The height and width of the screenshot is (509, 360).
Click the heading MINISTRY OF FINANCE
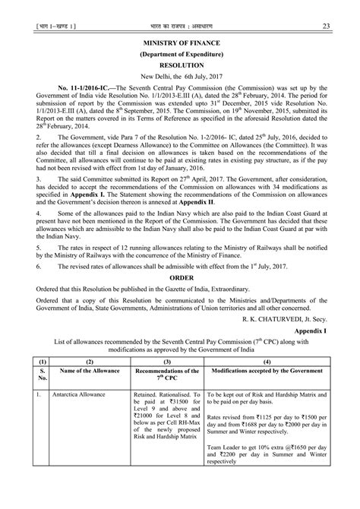click(180, 45)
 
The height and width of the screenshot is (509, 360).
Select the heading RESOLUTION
click(180, 66)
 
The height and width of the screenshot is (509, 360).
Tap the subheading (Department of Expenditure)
click(180, 55)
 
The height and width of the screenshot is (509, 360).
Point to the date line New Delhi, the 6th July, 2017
click(180, 77)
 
